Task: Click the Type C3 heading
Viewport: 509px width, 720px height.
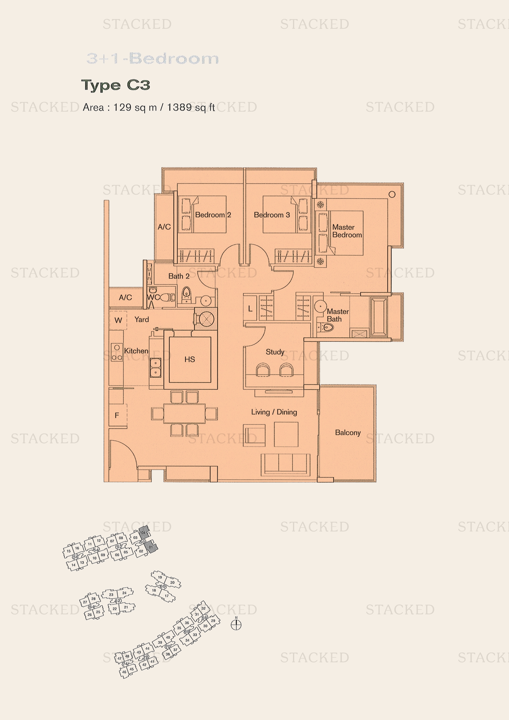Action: [116, 85]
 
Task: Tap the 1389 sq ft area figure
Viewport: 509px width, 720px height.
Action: [190, 107]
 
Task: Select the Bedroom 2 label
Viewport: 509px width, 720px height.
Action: [213, 215]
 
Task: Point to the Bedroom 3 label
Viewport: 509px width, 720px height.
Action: [272, 215]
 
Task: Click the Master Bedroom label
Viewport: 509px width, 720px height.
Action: [347, 231]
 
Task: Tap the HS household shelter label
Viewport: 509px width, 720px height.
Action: [190, 359]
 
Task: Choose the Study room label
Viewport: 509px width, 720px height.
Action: [275, 352]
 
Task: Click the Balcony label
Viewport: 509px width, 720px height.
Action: [347, 432]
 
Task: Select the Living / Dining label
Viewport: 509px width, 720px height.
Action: [274, 412]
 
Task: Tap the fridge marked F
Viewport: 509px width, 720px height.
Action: [117, 416]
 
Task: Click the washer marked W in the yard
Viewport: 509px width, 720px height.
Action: [118, 320]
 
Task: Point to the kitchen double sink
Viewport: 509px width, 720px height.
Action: [155, 368]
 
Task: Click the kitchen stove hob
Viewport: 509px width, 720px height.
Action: [117, 352]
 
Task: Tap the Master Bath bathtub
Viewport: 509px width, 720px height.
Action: [379, 317]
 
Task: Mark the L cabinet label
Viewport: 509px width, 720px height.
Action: [250, 308]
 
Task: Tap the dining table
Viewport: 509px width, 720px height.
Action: [184, 414]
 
